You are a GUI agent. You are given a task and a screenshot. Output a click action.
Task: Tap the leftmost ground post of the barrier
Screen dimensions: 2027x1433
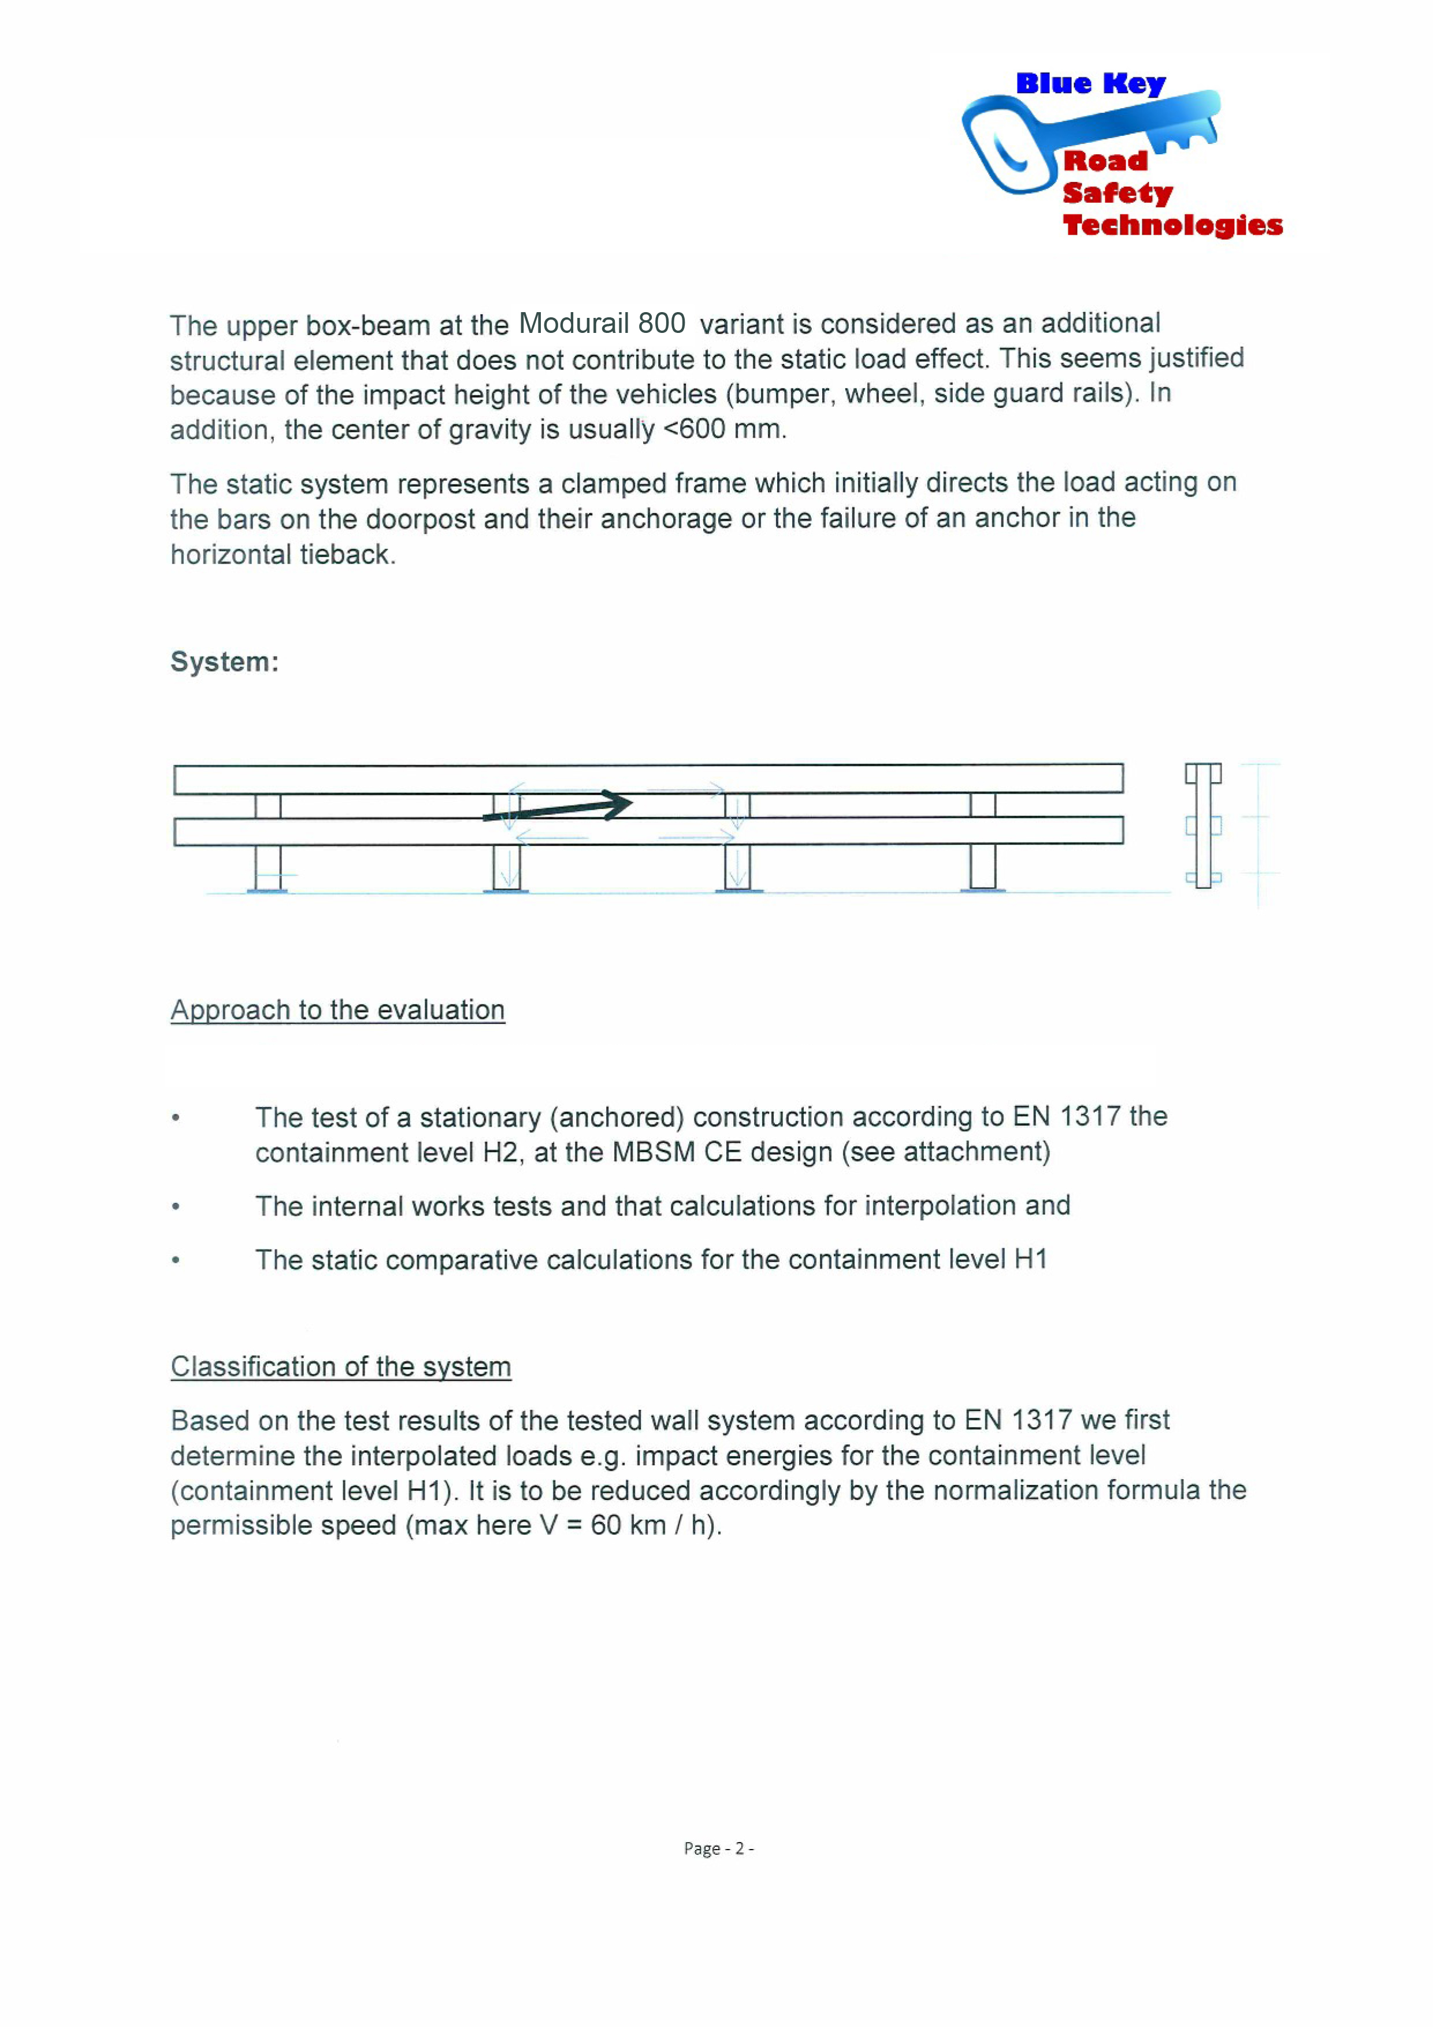point(268,867)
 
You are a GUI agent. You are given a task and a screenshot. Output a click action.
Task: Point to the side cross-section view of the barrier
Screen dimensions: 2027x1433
point(1202,825)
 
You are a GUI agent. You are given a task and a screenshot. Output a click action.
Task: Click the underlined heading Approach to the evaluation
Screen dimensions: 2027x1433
point(337,1010)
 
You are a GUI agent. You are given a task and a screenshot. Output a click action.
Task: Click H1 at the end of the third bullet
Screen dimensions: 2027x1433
point(1031,1260)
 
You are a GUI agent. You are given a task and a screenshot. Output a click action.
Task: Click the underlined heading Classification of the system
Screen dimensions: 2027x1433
point(340,1366)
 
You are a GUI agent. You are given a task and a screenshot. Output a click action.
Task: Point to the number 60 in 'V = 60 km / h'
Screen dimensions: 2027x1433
point(606,1525)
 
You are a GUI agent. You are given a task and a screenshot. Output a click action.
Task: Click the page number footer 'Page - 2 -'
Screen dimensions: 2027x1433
point(718,1848)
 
